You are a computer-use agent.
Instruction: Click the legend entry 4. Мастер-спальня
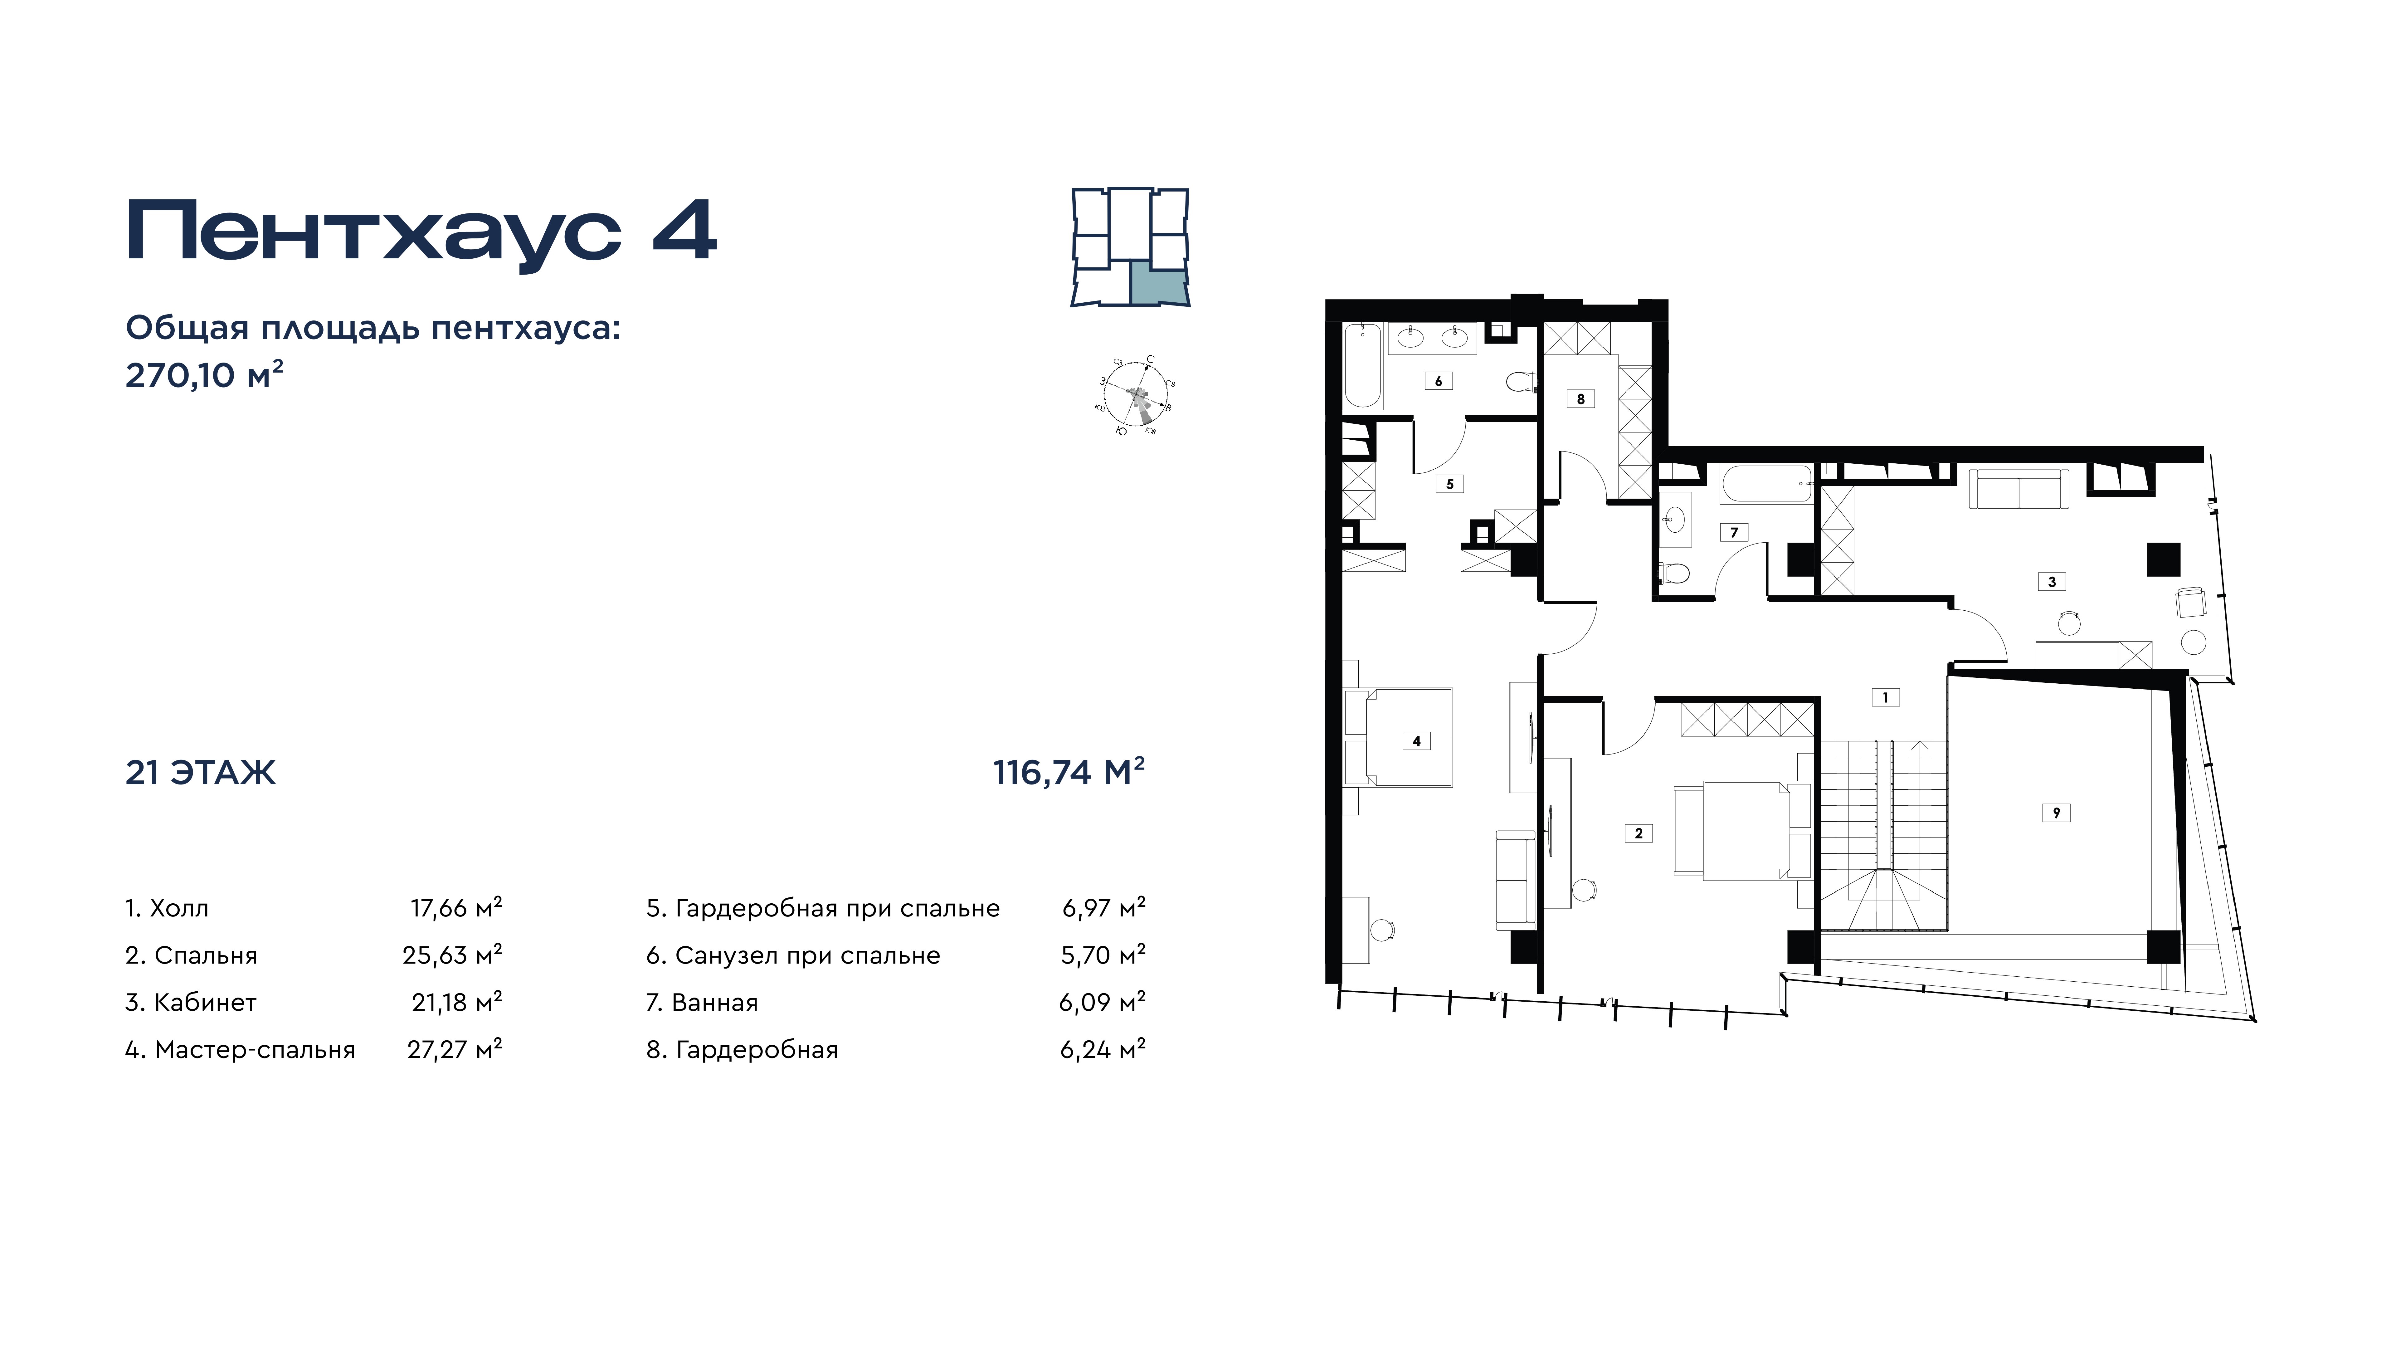(x=240, y=1050)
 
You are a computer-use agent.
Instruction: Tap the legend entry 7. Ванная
(x=702, y=1003)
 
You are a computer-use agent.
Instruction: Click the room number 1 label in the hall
(x=1884, y=697)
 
